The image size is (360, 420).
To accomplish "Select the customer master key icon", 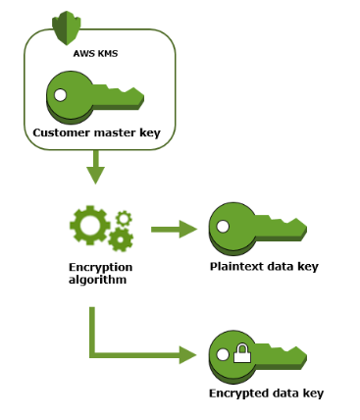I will pyautogui.click(x=94, y=95).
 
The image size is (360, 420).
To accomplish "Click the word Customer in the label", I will pyautogui.click(x=61, y=131).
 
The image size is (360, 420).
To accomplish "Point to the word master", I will pyautogui.click(x=110, y=131).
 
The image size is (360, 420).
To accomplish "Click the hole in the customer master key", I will pyautogui.click(x=62, y=96).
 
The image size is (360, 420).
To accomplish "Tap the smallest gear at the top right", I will pyautogui.click(x=123, y=218).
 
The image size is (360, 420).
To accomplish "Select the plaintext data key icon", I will pyautogui.click(x=257, y=230).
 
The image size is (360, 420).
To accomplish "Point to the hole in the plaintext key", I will pyautogui.click(x=225, y=228).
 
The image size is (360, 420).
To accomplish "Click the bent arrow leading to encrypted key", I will pyautogui.click(x=128, y=355).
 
